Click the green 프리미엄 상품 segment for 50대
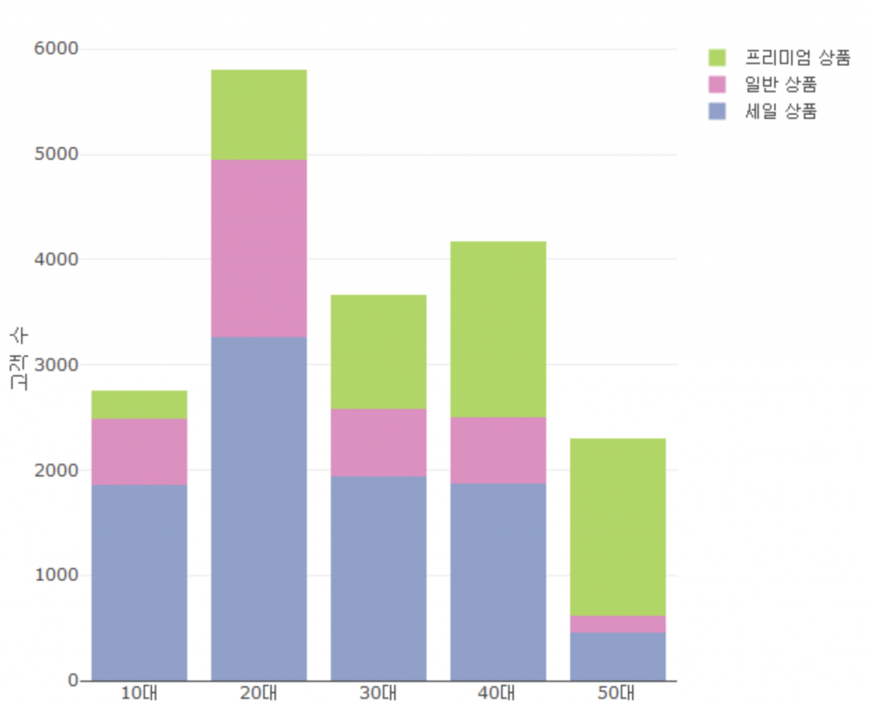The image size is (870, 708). click(x=618, y=527)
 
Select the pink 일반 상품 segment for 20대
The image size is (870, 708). click(x=259, y=248)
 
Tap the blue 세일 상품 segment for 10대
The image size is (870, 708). click(x=139, y=582)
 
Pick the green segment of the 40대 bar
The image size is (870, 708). click(x=498, y=329)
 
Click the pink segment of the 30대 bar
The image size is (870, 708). click(x=378, y=442)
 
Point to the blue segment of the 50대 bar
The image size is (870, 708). click(x=618, y=656)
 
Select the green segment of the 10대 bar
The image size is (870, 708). click(x=139, y=405)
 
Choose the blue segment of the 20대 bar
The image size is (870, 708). click(x=259, y=508)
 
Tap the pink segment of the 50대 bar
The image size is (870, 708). click(x=618, y=624)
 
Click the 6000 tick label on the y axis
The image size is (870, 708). click(x=56, y=49)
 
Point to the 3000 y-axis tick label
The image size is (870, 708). click(x=56, y=365)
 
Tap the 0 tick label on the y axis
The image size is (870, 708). click(x=73, y=680)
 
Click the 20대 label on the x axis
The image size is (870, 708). click(x=258, y=693)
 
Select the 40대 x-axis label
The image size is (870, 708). click(x=498, y=693)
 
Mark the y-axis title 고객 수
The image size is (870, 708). click(x=19, y=360)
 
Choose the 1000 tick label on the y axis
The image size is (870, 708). click(x=56, y=575)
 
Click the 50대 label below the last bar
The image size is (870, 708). click(x=617, y=693)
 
